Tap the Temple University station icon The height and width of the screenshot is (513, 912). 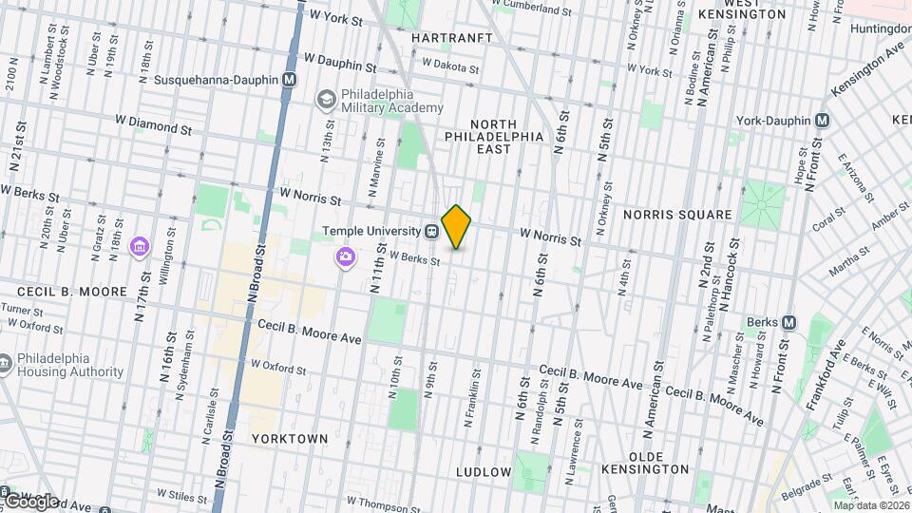click(430, 231)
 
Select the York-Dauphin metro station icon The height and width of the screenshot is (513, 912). click(823, 121)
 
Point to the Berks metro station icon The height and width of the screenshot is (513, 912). click(788, 322)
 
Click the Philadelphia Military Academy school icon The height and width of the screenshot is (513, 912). click(327, 99)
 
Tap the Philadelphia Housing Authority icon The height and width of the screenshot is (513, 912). click(6, 364)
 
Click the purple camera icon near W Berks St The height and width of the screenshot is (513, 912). click(345, 256)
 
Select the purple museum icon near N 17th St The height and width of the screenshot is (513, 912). click(140, 248)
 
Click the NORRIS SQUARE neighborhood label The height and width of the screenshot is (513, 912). click(677, 215)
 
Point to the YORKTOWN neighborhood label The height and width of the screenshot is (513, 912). click(290, 439)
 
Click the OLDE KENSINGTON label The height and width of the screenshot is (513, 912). click(645, 462)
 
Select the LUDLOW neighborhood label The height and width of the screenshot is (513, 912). click(484, 471)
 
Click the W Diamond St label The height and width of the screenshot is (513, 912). click(153, 125)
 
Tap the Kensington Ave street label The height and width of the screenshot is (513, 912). click(864, 72)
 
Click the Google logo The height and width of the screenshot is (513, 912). click(31, 501)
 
